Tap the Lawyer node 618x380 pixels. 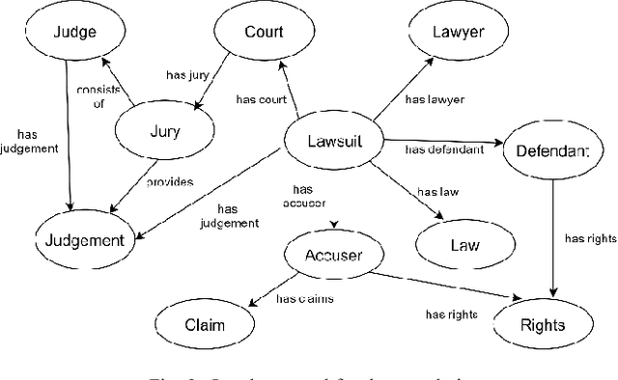[458, 32]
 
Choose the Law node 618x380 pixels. [464, 244]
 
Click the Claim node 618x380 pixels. [204, 324]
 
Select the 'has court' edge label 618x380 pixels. [263, 97]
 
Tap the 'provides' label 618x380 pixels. [171, 181]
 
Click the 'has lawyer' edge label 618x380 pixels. [434, 98]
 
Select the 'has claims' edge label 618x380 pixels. [305, 300]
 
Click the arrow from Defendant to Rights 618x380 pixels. [553, 236]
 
